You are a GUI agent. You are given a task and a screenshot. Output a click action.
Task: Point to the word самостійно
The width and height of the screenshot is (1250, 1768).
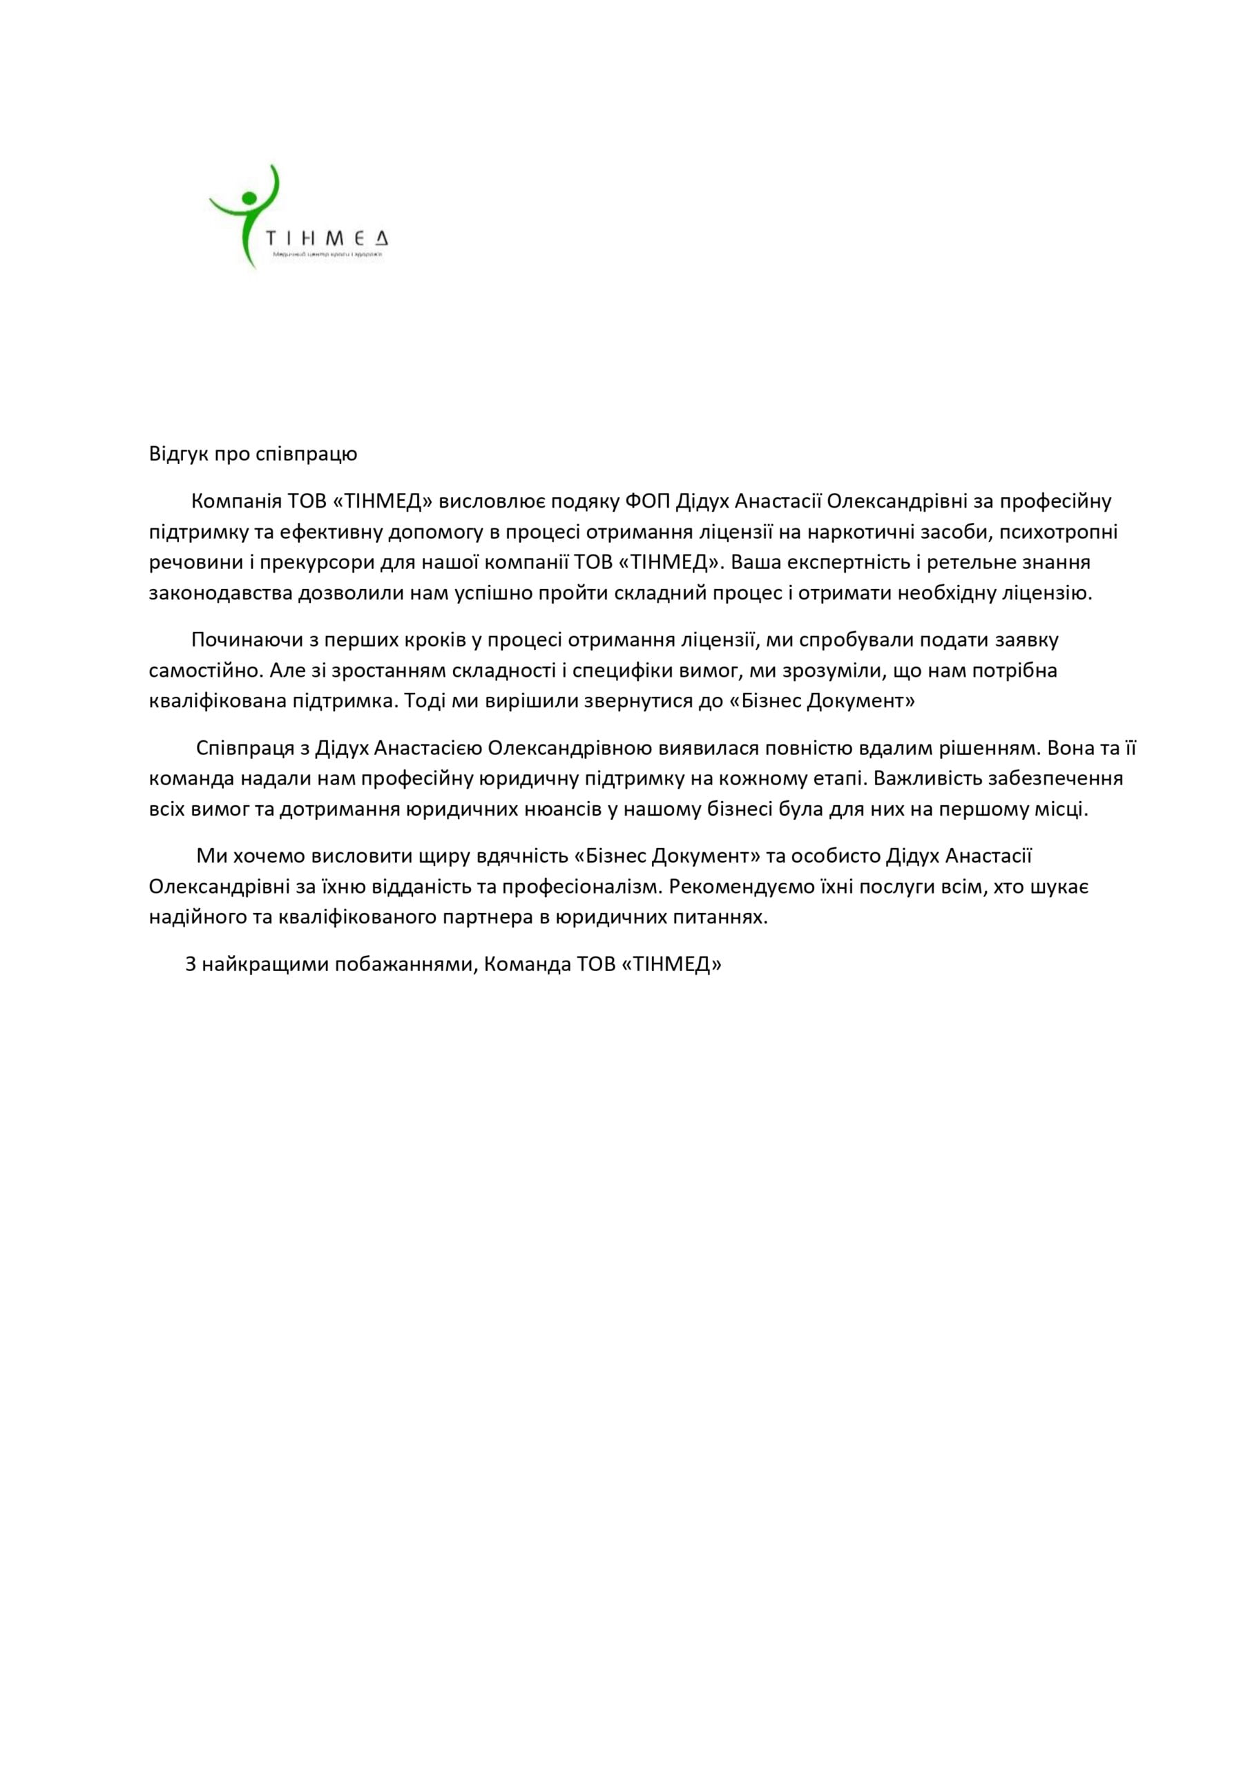[206, 671]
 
